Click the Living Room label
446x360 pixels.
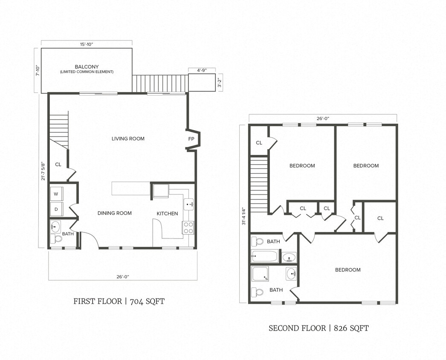pyautogui.click(x=128, y=139)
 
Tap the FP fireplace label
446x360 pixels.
pyautogui.click(x=191, y=139)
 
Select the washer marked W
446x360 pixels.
pyautogui.click(x=56, y=194)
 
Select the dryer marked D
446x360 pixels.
pyautogui.click(x=56, y=209)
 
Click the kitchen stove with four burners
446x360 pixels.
pyautogui.click(x=188, y=228)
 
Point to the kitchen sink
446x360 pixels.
pyautogui.click(x=188, y=204)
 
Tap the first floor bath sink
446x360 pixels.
pyautogui.click(x=55, y=226)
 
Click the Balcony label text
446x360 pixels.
pyautogui.click(x=87, y=67)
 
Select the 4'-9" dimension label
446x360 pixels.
pyautogui.click(x=202, y=70)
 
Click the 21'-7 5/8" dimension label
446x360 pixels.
pyautogui.click(x=43, y=171)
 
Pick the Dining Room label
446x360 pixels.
pyautogui.click(x=114, y=213)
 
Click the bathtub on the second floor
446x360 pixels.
pyautogui.click(x=264, y=257)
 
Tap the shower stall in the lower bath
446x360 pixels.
pyautogui.click(x=260, y=274)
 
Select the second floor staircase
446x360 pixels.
pyautogui.click(x=259, y=184)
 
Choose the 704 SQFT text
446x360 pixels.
pyautogui.click(x=147, y=302)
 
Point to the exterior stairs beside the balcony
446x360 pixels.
pyautogui.click(x=160, y=84)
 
